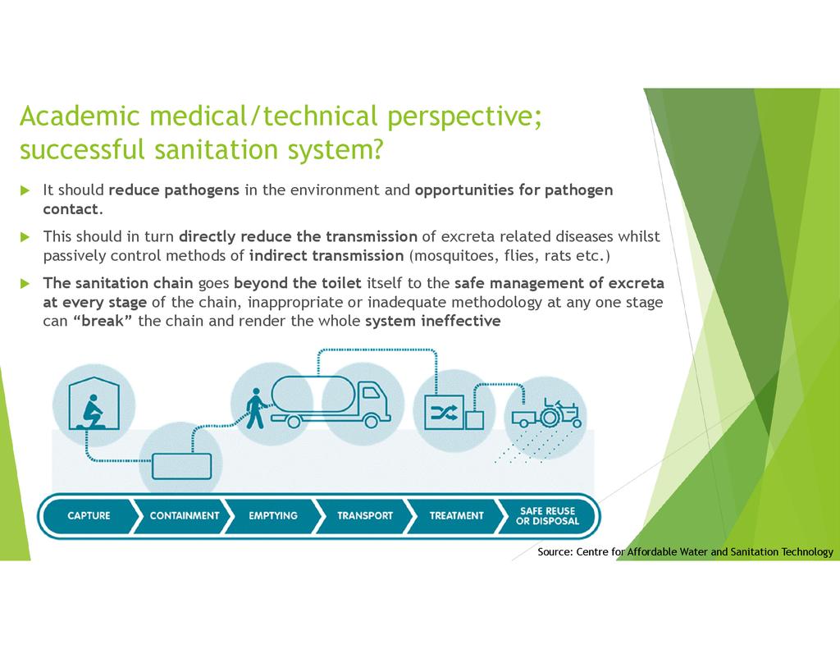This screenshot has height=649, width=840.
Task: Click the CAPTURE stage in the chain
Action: click(x=89, y=515)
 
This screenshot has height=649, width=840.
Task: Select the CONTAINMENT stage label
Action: click(x=185, y=515)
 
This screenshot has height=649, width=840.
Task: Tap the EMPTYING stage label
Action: click(x=272, y=515)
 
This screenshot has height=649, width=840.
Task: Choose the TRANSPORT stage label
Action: click(x=365, y=515)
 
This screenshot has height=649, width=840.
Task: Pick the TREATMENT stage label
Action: click(x=456, y=515)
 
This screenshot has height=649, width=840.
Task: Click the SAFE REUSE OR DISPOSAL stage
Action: click(x=547, y=515)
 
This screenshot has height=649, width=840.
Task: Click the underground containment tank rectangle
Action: click(x=181, y=466)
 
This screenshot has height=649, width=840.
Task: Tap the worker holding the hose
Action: click(x=256, y=409)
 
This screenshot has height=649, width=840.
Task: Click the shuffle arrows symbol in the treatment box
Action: click(x=444, y=412)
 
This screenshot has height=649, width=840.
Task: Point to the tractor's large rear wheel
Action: click(x=549, y=417)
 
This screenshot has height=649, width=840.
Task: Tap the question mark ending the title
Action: click(x=377, y=149)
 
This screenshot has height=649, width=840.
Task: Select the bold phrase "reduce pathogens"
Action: click(x=174, y=190)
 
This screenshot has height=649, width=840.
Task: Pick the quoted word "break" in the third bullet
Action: click(x=103, y=321)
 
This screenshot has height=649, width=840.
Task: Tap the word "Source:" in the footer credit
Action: click(x=555, y=551)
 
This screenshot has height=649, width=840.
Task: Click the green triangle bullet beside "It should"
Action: click(x=25, y=190)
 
